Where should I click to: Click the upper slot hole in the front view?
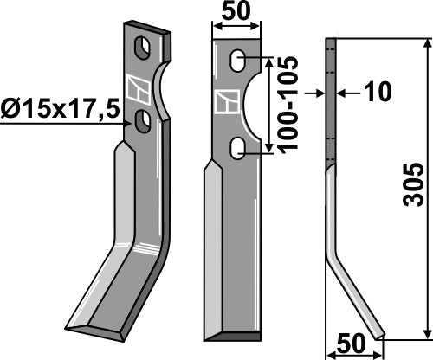pos(236,61)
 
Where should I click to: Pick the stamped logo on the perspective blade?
pos(137,87)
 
